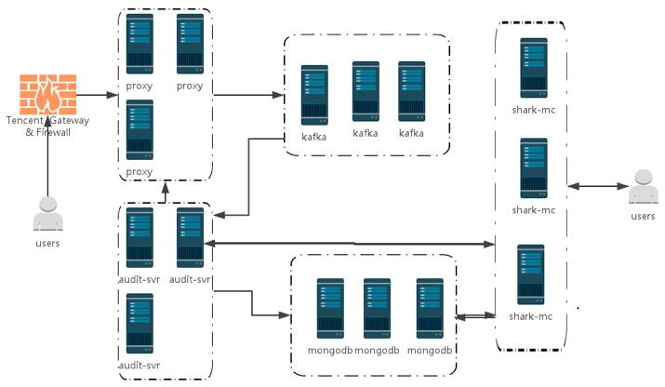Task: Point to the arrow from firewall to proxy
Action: [94, 95]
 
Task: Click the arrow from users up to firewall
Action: [47, 158]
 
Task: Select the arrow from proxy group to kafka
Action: [248, 95]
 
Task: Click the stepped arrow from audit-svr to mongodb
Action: [251, 302]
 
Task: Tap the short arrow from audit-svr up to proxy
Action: [166, 193]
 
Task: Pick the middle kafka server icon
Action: [365, 93]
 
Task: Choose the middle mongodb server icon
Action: [376, 308]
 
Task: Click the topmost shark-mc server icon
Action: [534, 66]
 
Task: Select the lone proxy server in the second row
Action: [140, 130]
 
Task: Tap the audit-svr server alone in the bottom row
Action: [140, 324]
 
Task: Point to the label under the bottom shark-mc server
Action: [533, 317]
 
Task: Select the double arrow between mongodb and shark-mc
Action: [474, 316]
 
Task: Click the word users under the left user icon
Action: [47, 244]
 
